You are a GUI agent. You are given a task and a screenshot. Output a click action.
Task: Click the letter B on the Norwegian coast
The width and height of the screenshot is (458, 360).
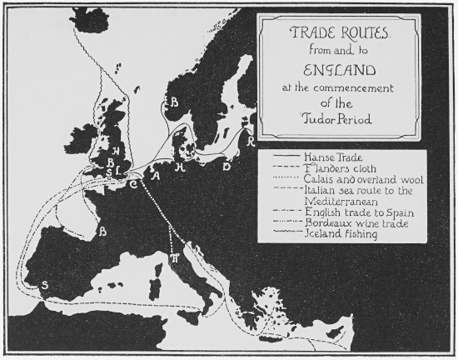pyautogui.click(x=174, y=102)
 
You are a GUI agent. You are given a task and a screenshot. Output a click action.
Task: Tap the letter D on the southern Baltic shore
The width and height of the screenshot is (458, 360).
pyautogui.click(x=227, y=166)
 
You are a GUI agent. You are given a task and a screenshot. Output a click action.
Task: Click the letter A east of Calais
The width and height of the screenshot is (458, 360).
pyautogui.click(x=153, y=172)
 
